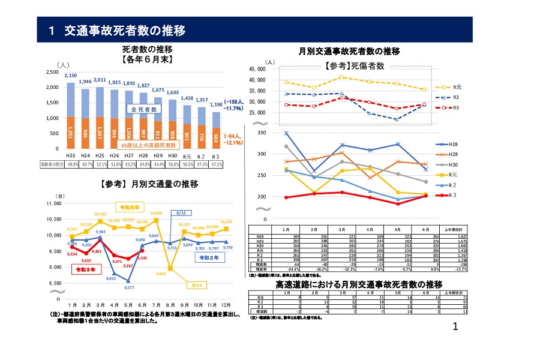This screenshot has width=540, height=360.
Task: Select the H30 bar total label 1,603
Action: (x=172, y=92)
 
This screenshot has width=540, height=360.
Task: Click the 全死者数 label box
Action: (x=145, y=110)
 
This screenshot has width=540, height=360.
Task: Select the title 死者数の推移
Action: (x=148, y=49)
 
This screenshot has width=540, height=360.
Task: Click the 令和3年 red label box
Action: (x=87, y=270)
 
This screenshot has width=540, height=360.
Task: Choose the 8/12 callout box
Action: (x=184, y=213)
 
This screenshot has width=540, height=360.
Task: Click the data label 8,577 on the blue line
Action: (x=128, y=287)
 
